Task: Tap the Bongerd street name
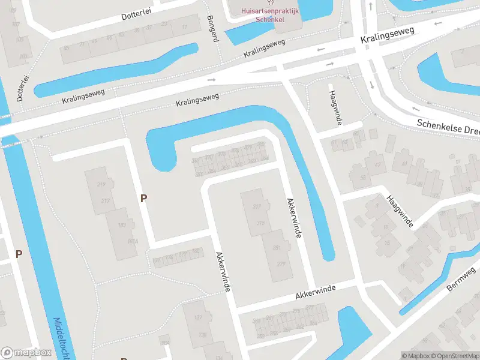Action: [211, 27]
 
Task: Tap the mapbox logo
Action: [26, 353]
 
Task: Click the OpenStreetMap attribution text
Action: [454, 356]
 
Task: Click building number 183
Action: [122, 225]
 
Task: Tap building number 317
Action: [258, 207]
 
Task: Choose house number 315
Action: [260, 223]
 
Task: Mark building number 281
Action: [277, 248]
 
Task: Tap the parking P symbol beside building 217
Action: [143, 198]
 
